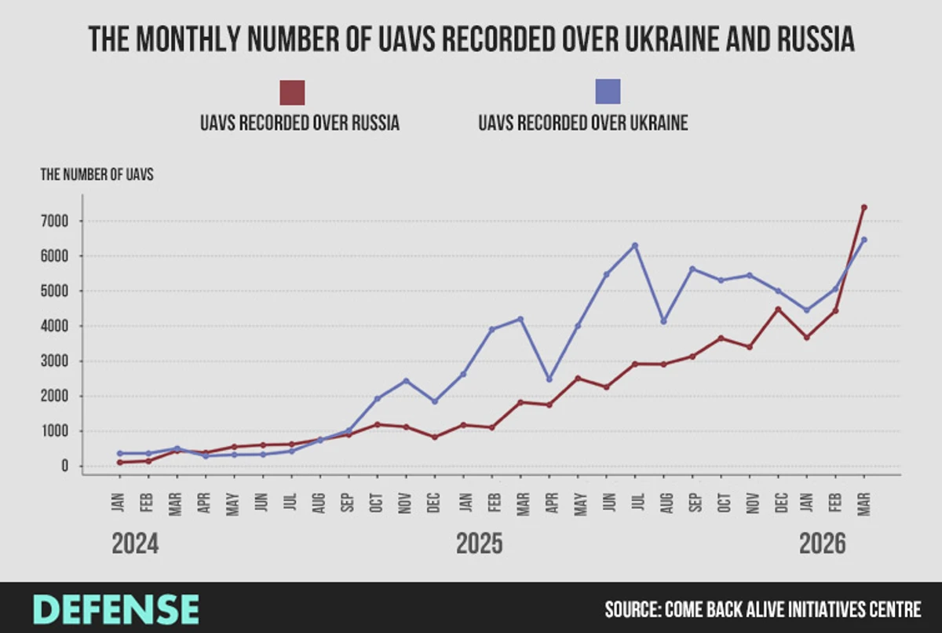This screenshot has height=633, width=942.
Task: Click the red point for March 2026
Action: [863, 207]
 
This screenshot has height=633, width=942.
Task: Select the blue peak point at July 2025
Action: [635, 246]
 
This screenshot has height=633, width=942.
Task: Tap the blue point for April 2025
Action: [549, 379]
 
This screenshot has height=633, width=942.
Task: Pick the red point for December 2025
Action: [778, 309]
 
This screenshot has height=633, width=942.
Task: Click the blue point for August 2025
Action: [663, 321]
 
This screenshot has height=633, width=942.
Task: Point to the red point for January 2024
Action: [120, 463]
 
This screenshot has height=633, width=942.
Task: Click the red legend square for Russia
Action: [292, 93]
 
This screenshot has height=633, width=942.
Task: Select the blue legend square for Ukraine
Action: [608, 92]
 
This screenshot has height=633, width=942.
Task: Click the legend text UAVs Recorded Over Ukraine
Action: [582, 123]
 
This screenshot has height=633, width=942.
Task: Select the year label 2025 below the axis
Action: [480, 543]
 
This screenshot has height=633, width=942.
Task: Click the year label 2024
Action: [135, 543]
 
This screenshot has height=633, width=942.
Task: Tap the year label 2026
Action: [822, 543]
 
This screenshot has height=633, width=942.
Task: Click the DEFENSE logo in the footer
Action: [116, 609]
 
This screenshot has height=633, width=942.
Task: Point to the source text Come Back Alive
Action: [762, 609]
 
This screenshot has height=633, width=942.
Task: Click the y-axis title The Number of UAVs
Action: [97, 175]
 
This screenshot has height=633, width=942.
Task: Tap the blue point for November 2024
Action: [406, 381]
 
